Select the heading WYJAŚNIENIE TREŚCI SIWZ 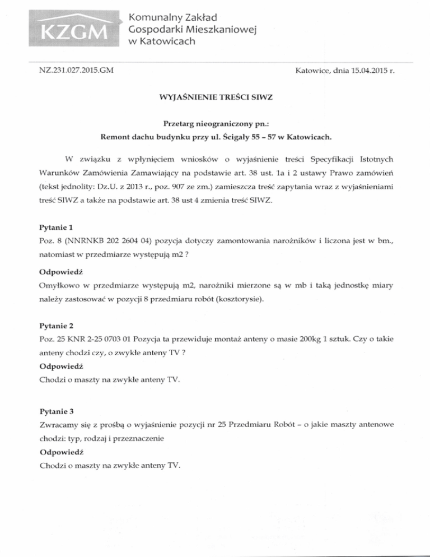215,103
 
